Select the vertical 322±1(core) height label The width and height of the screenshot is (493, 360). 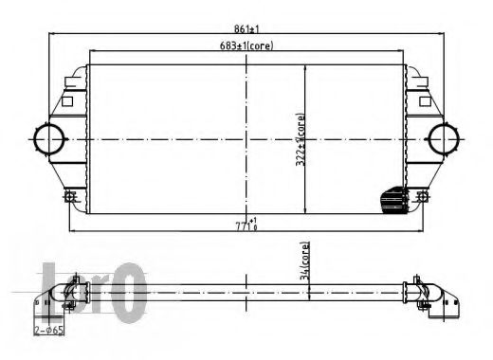(x=301, y=140)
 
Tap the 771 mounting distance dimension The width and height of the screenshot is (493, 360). (x=246, y=225)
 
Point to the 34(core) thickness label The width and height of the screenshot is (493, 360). (x=304, y=263)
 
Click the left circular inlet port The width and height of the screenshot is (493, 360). (x=46, y=139)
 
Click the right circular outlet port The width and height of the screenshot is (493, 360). (x=442, y=139)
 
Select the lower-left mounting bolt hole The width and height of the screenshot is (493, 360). (x=70, y=197)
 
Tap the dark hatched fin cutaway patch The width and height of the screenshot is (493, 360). (x=392, y=201)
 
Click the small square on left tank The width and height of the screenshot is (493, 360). (x=67, y=98)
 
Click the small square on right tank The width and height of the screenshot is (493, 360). (x=424, y=98)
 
